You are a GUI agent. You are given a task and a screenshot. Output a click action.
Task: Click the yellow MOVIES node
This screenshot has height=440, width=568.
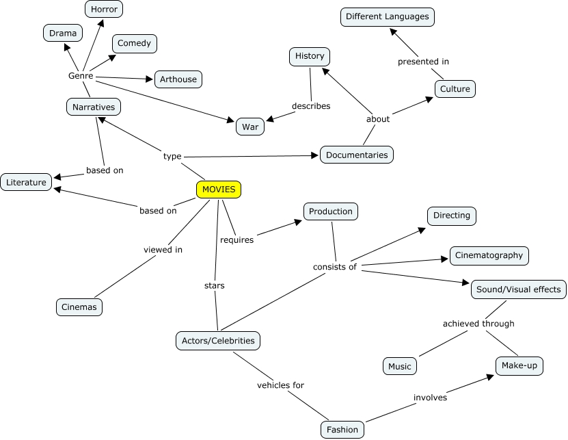tap(219, 190)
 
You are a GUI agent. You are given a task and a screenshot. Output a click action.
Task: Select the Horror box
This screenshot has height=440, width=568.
tap(104, 9)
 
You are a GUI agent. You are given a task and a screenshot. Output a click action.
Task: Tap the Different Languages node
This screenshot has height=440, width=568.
tap(388, 16)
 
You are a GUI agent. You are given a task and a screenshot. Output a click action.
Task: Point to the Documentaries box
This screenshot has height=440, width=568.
tap(357, 155)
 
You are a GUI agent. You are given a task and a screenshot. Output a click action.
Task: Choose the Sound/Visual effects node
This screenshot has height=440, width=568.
tap(518, 289)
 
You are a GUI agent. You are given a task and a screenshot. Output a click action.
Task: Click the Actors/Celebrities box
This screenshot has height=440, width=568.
tap(218, 341)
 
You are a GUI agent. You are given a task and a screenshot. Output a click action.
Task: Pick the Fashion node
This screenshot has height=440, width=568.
tap(342, 430)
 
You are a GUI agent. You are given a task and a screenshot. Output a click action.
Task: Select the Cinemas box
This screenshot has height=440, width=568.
tap(79, 307)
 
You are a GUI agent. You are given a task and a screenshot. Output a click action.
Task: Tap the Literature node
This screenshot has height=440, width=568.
tap(26, 182)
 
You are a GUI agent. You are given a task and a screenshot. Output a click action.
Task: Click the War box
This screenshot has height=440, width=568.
tap(250, 127)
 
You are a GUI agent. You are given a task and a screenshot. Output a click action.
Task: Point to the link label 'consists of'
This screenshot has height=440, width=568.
tap(335, 267)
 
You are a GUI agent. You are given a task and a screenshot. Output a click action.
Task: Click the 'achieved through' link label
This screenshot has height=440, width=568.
tap(478, 324)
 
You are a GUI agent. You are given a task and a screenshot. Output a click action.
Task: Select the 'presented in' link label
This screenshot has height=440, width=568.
tap(423, 62)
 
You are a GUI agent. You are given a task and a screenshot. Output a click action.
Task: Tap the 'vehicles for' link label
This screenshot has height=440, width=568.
tap(280, 385)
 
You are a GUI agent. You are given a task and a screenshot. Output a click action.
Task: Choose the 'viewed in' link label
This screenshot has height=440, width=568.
tap(163, 250)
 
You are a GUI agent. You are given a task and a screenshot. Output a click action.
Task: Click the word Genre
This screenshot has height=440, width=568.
tap(81, 76)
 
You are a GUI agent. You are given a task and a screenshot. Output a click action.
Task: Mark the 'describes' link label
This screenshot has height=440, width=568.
tap(311, 106)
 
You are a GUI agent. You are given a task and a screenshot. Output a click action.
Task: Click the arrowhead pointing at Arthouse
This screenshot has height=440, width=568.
tap(149, 79)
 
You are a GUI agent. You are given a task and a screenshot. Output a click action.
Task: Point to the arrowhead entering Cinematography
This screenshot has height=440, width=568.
tap(444, 259)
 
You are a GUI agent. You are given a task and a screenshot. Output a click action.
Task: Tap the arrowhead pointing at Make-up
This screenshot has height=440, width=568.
tap(490, 377)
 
